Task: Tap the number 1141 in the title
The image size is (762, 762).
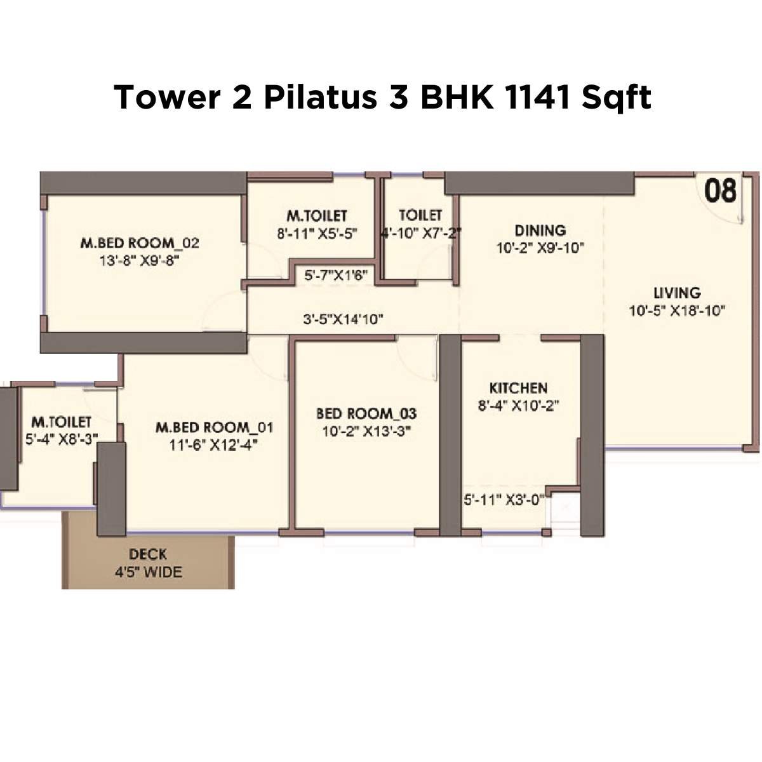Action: click(x=537, y=98)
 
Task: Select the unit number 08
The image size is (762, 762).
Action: click(x=721, y=190)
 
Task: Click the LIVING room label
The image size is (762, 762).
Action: click(x=678, y=293)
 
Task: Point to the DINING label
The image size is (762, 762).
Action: click(x=540, y=230)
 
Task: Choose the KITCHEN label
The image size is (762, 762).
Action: click(x=518, y=387)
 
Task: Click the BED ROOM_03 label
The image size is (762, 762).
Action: click(x=366, y=414)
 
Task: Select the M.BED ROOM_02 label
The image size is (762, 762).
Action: click(x=140, y=243)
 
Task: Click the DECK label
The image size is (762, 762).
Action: click(x=148, y=554)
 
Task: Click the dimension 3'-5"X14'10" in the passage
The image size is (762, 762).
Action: click(x=344, y=319)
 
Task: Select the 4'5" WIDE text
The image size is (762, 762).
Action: click(x=148, y=572)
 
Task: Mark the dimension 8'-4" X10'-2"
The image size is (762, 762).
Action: click(x=518, y=405)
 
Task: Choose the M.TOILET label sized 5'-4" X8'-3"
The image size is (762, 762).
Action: click(x=62, y=422)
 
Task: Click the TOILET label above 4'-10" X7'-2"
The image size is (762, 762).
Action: click(x=420, y=215)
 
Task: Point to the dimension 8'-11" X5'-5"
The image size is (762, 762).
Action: click(x=317, y=233)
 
